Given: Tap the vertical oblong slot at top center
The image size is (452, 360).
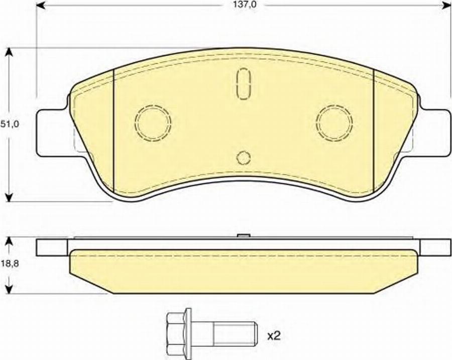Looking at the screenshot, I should click(244, 82).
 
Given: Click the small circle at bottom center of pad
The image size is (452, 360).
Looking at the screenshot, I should click(244, 158).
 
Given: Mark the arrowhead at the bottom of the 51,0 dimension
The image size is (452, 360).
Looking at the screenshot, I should click(9, 197).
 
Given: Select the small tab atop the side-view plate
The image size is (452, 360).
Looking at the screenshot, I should click(244, 236).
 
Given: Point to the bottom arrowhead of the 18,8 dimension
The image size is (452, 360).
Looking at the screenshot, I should click(9, 290).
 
